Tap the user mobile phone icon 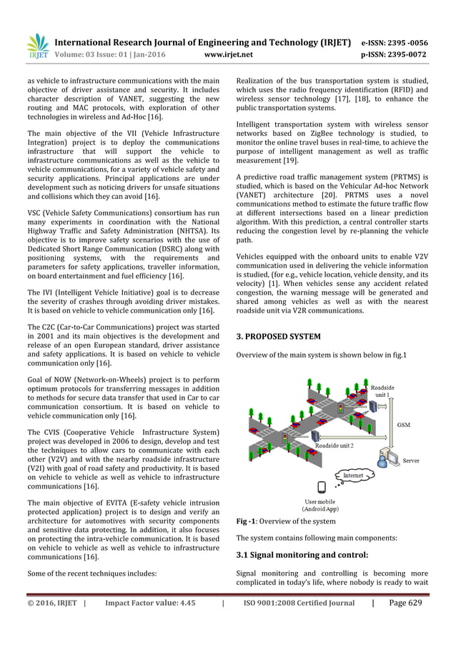(321, 488)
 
